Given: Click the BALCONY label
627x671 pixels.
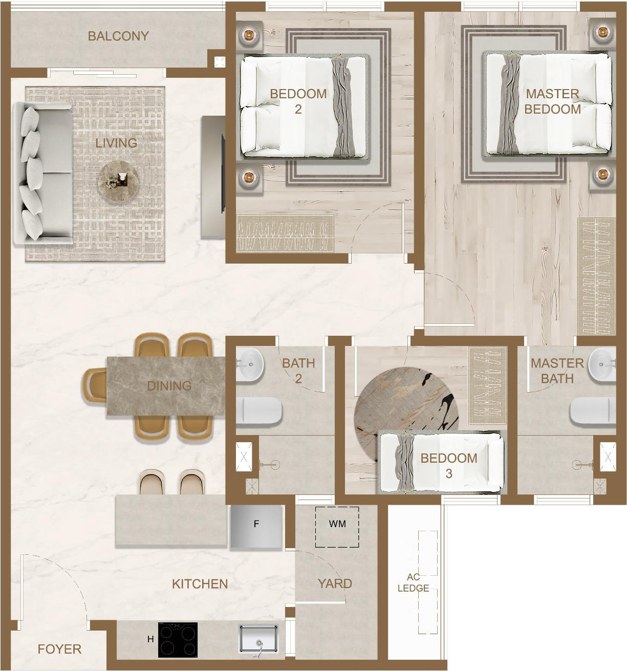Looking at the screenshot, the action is point(118,36).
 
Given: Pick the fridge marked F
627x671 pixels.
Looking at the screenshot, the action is point(256,526).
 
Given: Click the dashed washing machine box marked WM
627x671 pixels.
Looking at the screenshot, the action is point(337,527).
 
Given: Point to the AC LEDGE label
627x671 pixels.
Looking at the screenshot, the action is point(414,582).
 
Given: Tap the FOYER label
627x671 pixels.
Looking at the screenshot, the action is point(59,649).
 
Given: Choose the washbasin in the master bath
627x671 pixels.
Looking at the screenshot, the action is point(602,365).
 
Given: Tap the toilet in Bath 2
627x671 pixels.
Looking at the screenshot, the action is point(258,411).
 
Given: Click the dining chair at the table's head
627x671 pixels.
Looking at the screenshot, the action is point(95,386).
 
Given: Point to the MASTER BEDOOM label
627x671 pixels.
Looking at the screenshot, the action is point(553,101).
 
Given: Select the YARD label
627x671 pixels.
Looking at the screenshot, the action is point(335,583).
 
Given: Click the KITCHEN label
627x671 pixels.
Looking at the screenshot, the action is point(200,584).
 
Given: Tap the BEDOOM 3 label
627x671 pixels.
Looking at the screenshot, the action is point(449,466).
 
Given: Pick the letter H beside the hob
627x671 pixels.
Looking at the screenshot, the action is point(151,639).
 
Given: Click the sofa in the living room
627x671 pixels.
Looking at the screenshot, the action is point(43,173).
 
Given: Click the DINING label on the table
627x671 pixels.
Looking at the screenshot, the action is point(169,386).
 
